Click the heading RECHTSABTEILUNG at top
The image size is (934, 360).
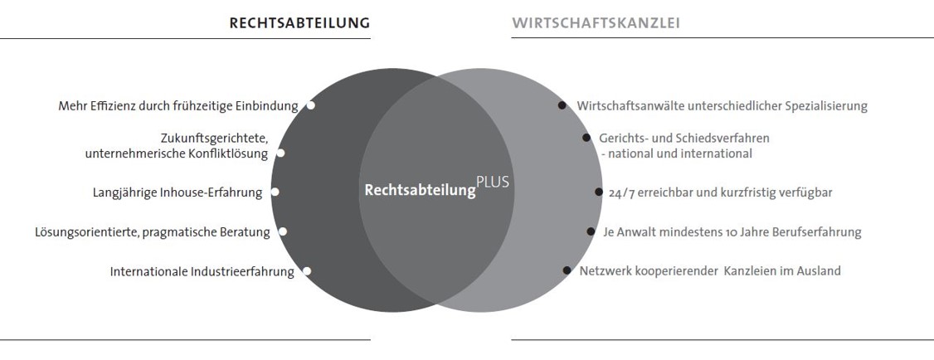click(299, 23)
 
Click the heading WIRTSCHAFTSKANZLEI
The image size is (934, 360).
click(596, 23)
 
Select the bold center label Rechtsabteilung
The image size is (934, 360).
click(420, 190)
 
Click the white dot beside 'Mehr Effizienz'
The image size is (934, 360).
click(311, 105)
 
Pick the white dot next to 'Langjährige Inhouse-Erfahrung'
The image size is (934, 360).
click(275, 192)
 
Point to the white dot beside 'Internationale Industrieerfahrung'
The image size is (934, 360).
click(306, 271)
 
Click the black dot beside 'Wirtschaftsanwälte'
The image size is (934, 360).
click(562, 105)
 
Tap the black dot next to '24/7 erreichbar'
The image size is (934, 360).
click(599, 192)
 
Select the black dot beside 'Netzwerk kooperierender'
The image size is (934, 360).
click(567, 270)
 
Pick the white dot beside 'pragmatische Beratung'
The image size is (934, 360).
click(283, 232)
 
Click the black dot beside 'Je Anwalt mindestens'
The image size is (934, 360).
click(591, 232)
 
